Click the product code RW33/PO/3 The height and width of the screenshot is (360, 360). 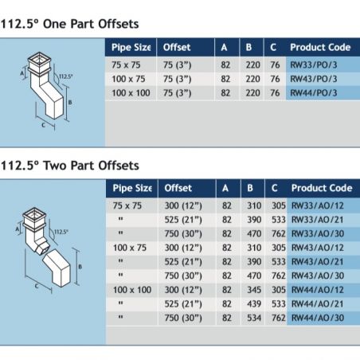(x=314, y=65)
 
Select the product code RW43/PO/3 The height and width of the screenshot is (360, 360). (x=314, y=79)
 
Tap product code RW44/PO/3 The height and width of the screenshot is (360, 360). (x=314, y=93)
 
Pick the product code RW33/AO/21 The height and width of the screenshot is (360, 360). (x=318, y=220)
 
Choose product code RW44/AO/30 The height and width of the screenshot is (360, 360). (x=318, y=318)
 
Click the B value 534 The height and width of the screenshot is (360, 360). (x=254, y=318)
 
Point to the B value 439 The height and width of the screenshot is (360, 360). (x=254, y=303)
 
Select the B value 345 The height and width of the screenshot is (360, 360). (x=254, y=290)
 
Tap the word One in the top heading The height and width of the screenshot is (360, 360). (x=55, y=24)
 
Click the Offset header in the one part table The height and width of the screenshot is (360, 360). (x=177, y=47)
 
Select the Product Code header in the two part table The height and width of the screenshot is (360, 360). (x=322, y=188)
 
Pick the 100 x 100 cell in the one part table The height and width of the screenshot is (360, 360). (x=131, y=93)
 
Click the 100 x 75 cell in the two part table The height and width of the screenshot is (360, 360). (x=130, y=248)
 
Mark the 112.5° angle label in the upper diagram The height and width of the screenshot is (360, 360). (x=65, y=76)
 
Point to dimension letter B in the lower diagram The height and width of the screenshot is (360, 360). (x=80, y=267)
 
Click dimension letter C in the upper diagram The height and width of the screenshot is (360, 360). (x=43, y=125)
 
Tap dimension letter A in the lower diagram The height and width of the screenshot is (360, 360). (x=18, y=229)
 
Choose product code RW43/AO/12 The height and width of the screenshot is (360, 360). (x=318, y=248)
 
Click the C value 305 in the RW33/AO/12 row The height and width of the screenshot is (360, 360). (x=279, y=205)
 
